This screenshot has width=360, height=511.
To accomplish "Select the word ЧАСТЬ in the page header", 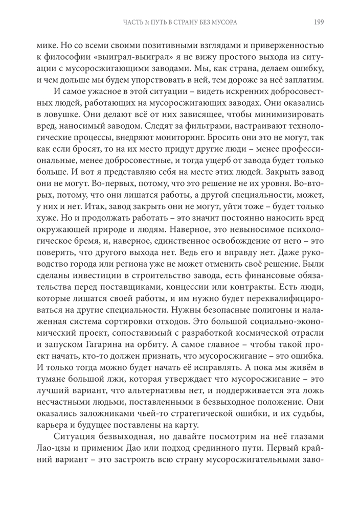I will click(134, 22).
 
